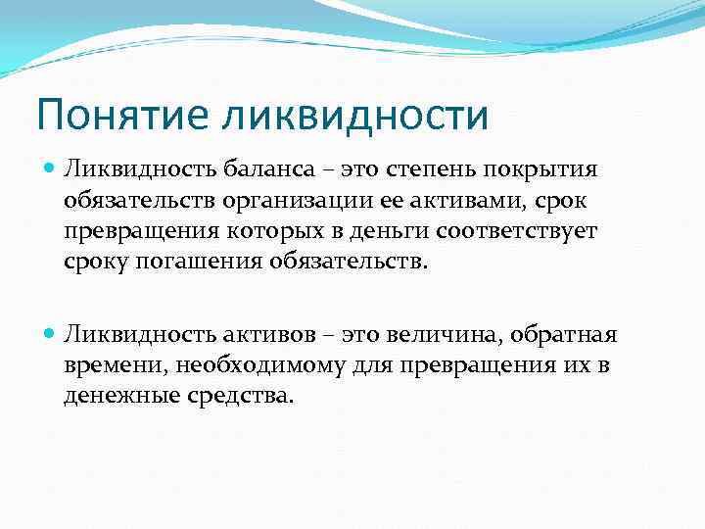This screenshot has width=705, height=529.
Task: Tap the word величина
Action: (x=435, y=336)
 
